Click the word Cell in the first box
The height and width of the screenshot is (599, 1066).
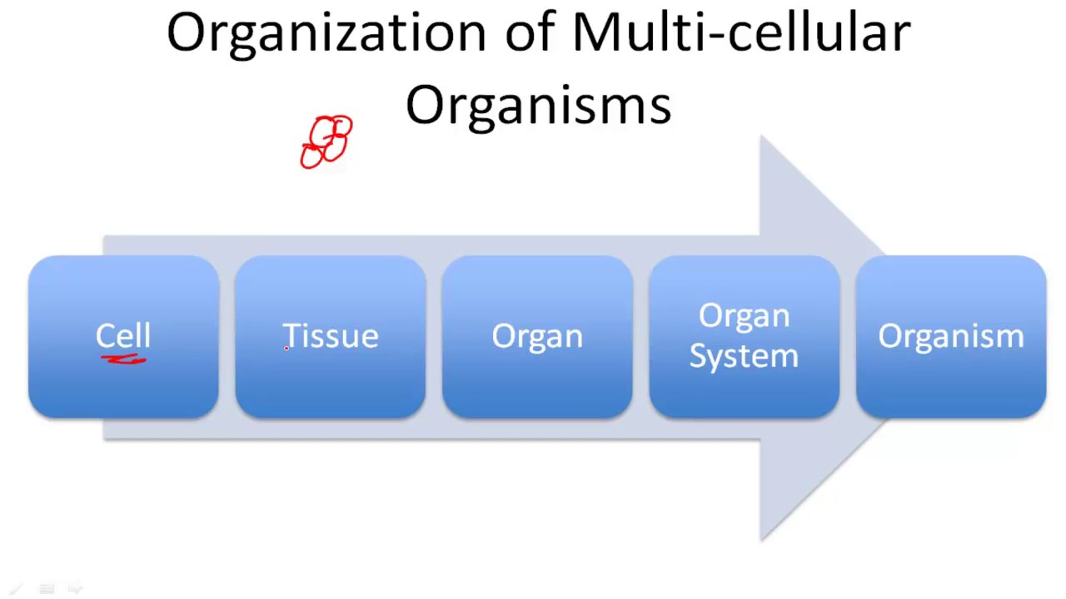point(123,336)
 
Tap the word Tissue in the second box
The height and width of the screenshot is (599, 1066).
point(331,336)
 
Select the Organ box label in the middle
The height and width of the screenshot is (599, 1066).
point(537,336)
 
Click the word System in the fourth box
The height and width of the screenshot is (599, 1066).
point(744,357)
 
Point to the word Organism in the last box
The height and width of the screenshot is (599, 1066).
point(950,336)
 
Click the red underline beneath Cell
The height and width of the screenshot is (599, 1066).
point(124,360)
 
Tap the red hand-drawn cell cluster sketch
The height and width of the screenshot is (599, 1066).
point(326,142)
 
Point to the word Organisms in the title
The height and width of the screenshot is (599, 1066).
point(538,106)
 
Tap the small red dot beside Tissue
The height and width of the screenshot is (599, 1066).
point(286,349)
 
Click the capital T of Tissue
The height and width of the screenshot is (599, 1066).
point(291,335)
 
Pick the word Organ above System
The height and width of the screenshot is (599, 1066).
point(744,317)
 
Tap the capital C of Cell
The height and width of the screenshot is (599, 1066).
point(106,335)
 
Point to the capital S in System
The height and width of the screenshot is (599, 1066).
point(699,355)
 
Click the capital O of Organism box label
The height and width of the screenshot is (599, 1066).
point(889,335)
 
